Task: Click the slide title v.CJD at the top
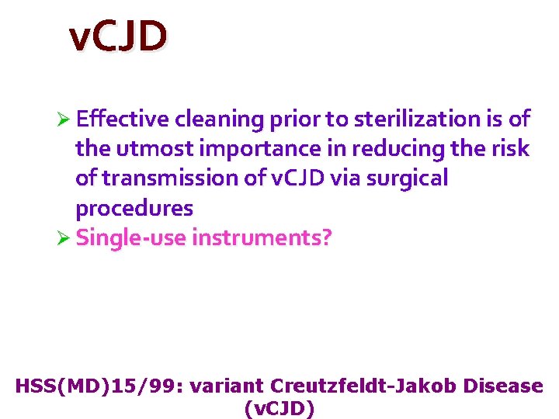117,36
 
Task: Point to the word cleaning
220,119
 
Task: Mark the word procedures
134,208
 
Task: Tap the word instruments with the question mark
262,237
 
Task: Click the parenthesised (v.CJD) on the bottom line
279,408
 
